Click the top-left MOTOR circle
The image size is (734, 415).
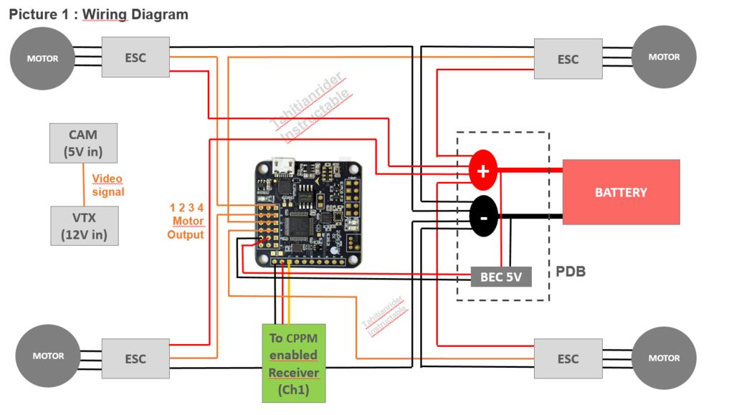click(42, 58)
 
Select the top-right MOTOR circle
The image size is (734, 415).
click(664, 57)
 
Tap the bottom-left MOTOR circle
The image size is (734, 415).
click(48, 356)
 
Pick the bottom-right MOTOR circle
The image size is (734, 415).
click(664, 358)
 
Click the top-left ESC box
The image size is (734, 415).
click(135, 57)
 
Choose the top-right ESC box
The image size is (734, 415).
click(568, 59)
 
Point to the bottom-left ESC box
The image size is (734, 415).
click(135, 358)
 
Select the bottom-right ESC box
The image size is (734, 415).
click(568, 358)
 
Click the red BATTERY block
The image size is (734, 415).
click(621, 192)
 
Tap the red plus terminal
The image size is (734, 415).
click(483, 171)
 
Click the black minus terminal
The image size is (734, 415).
click(483, 216)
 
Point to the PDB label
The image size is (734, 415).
click(571, 272)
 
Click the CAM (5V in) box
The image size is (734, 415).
click(83, 143)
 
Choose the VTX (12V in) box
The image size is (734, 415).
click(83, 226)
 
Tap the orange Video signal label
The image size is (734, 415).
click(108, 185)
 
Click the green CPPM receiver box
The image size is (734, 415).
click(294, 363)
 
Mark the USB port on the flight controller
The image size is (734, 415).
click(283, 165)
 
